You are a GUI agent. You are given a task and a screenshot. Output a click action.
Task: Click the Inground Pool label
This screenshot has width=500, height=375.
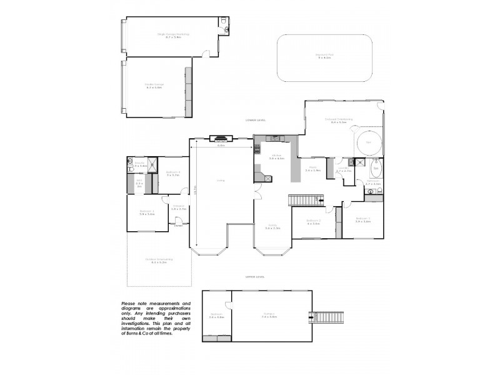(x=325, y=56)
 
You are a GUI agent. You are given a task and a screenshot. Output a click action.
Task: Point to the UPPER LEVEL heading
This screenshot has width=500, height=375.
(x=256, y=276)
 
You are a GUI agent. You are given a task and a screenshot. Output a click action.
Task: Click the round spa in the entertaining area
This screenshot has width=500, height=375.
(x=369, y=142)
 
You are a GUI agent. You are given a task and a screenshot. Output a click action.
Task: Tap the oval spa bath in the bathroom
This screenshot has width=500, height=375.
(x=376, y=168)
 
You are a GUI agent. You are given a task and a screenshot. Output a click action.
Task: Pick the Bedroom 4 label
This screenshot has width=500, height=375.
(x=173, y=172)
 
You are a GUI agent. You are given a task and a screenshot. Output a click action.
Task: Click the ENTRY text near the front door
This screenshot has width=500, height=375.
(x=178, y=226)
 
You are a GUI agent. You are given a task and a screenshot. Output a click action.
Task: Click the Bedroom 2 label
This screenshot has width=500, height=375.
(x=314, y=221)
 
